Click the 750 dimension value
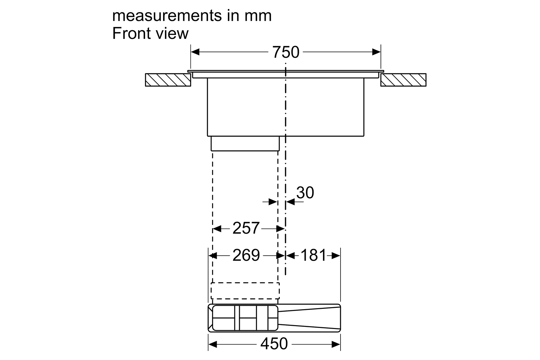[x=286, y=52]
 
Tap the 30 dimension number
[x=305, y=193]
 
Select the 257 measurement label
[x=246, y=228]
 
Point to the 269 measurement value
[x=246, y=255]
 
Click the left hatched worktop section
[x=168, y=80]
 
